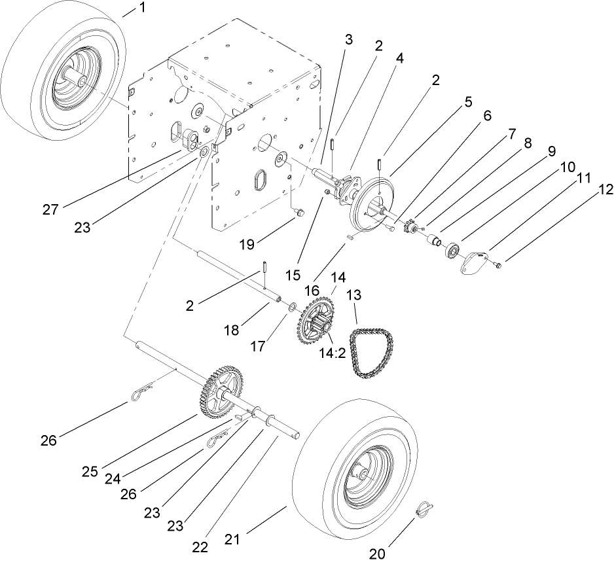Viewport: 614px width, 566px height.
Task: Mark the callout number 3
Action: click(348, 39)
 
